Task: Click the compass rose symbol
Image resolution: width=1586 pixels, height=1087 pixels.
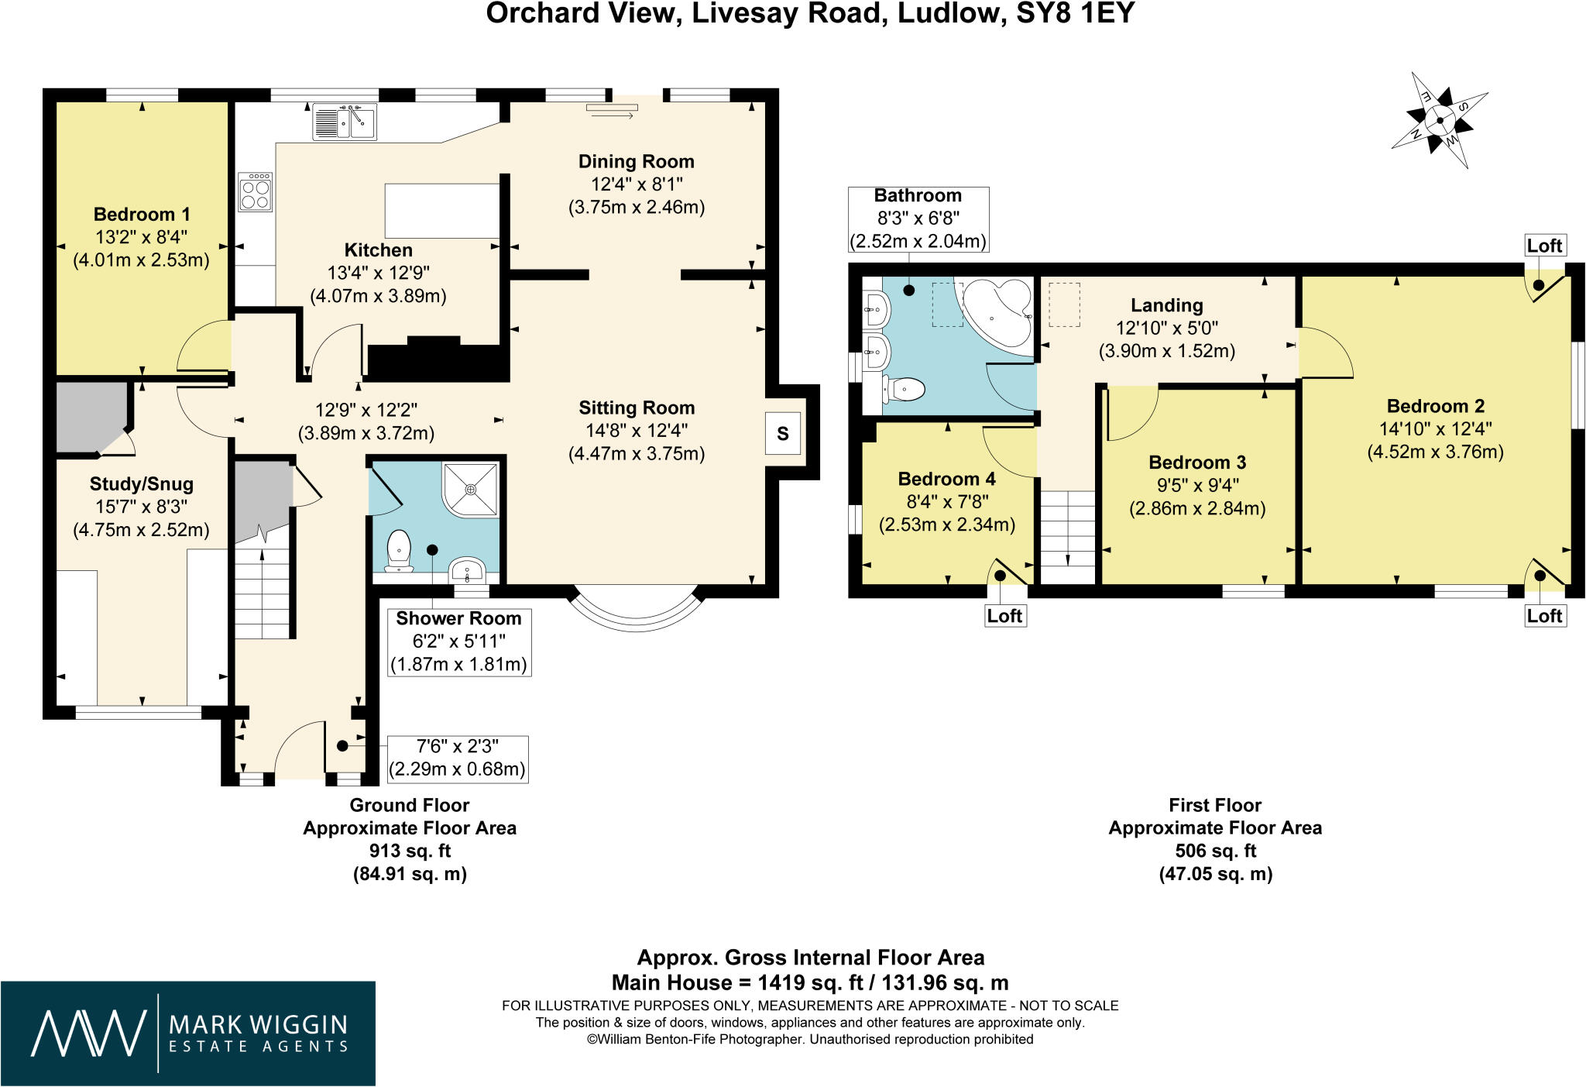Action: [x=1440, y=121]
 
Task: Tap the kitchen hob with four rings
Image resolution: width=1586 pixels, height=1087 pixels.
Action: [x=256, y=191]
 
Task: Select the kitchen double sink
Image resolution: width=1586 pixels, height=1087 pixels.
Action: [x=345, y=122]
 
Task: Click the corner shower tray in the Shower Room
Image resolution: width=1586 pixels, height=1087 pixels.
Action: [x=471, y=490]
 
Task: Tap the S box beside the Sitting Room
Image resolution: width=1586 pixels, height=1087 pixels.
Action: [x=783, y=434]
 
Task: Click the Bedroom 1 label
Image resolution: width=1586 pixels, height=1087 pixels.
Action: [x=142, y=214]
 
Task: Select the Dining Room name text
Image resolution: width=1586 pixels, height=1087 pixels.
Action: [x=637, y=161]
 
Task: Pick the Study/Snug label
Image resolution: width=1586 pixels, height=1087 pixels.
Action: [x=142, y=484]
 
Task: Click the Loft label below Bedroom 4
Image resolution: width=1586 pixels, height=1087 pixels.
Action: [x=1004, y=616]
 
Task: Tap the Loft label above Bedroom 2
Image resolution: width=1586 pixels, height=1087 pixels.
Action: [x=1544, y=246]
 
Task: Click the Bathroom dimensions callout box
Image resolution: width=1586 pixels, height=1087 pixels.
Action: [x=918, y=218]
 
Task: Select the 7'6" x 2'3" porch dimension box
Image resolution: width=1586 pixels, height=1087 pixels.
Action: [x=458, y=758]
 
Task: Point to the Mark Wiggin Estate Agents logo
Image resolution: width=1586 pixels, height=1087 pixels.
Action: [x=188, y=1034]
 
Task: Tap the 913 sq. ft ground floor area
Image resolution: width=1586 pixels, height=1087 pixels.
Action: [x=410, y=851]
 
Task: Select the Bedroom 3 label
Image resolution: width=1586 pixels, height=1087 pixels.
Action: [x=1197, y=463]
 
